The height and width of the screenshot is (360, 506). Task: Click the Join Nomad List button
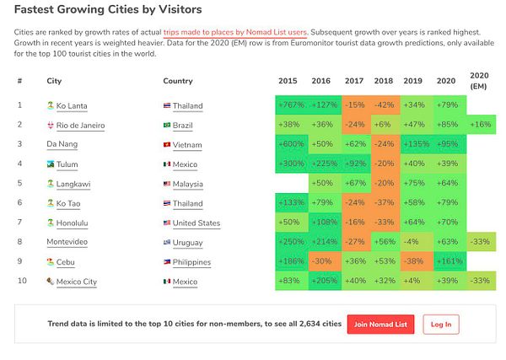click(380, 324)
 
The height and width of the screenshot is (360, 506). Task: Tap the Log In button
click(441, 324)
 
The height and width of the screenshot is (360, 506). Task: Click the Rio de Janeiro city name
click(80, 125)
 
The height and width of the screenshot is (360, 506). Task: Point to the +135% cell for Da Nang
click(413, 144)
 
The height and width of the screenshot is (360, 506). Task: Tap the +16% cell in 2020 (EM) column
click(478, 125)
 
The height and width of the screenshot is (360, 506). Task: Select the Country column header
click(177, 81)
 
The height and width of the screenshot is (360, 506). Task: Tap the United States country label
click(196, 223)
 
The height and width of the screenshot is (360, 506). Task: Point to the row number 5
click(19, 183)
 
